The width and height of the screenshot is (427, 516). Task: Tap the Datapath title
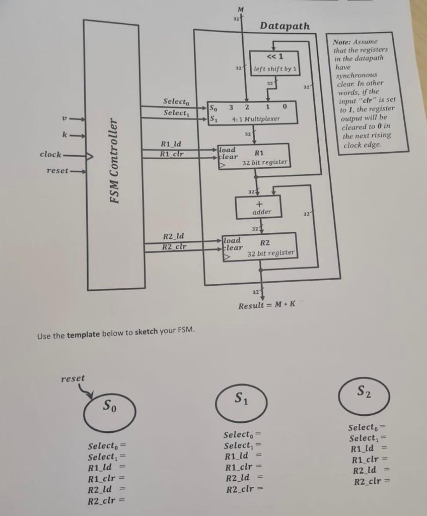pyautogui.click(x=284, y=26)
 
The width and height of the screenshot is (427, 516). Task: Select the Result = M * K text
pyautogui.click(x=266, y=305)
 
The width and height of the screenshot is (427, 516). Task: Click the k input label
pyautogui.click(x=64, y=135)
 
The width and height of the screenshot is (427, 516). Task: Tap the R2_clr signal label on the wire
pyautogui.click(x=174, y=246)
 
